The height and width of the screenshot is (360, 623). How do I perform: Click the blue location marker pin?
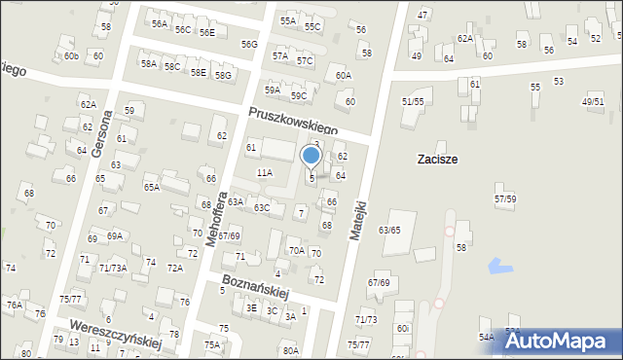coord(311,156)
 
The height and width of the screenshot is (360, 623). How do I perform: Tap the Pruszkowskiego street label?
coord(292,121)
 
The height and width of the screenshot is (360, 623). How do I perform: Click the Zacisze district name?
coord(437,159)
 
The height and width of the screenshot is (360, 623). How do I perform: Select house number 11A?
coord(264,172)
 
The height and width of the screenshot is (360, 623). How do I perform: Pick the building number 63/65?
coord(389,230)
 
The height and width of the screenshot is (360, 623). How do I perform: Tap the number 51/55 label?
coord(413,101)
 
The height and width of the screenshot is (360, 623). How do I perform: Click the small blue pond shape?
coord(500,265)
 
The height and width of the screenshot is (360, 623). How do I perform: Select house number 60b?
coord(71,56)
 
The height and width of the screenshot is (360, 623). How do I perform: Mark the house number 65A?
coord(151,187)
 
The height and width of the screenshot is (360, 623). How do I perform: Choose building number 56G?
coord(249,45)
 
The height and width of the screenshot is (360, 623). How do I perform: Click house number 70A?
coord(296,250)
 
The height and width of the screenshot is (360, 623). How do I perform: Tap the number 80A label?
coord(290,350)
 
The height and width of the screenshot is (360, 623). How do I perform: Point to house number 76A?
coord(14,305)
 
